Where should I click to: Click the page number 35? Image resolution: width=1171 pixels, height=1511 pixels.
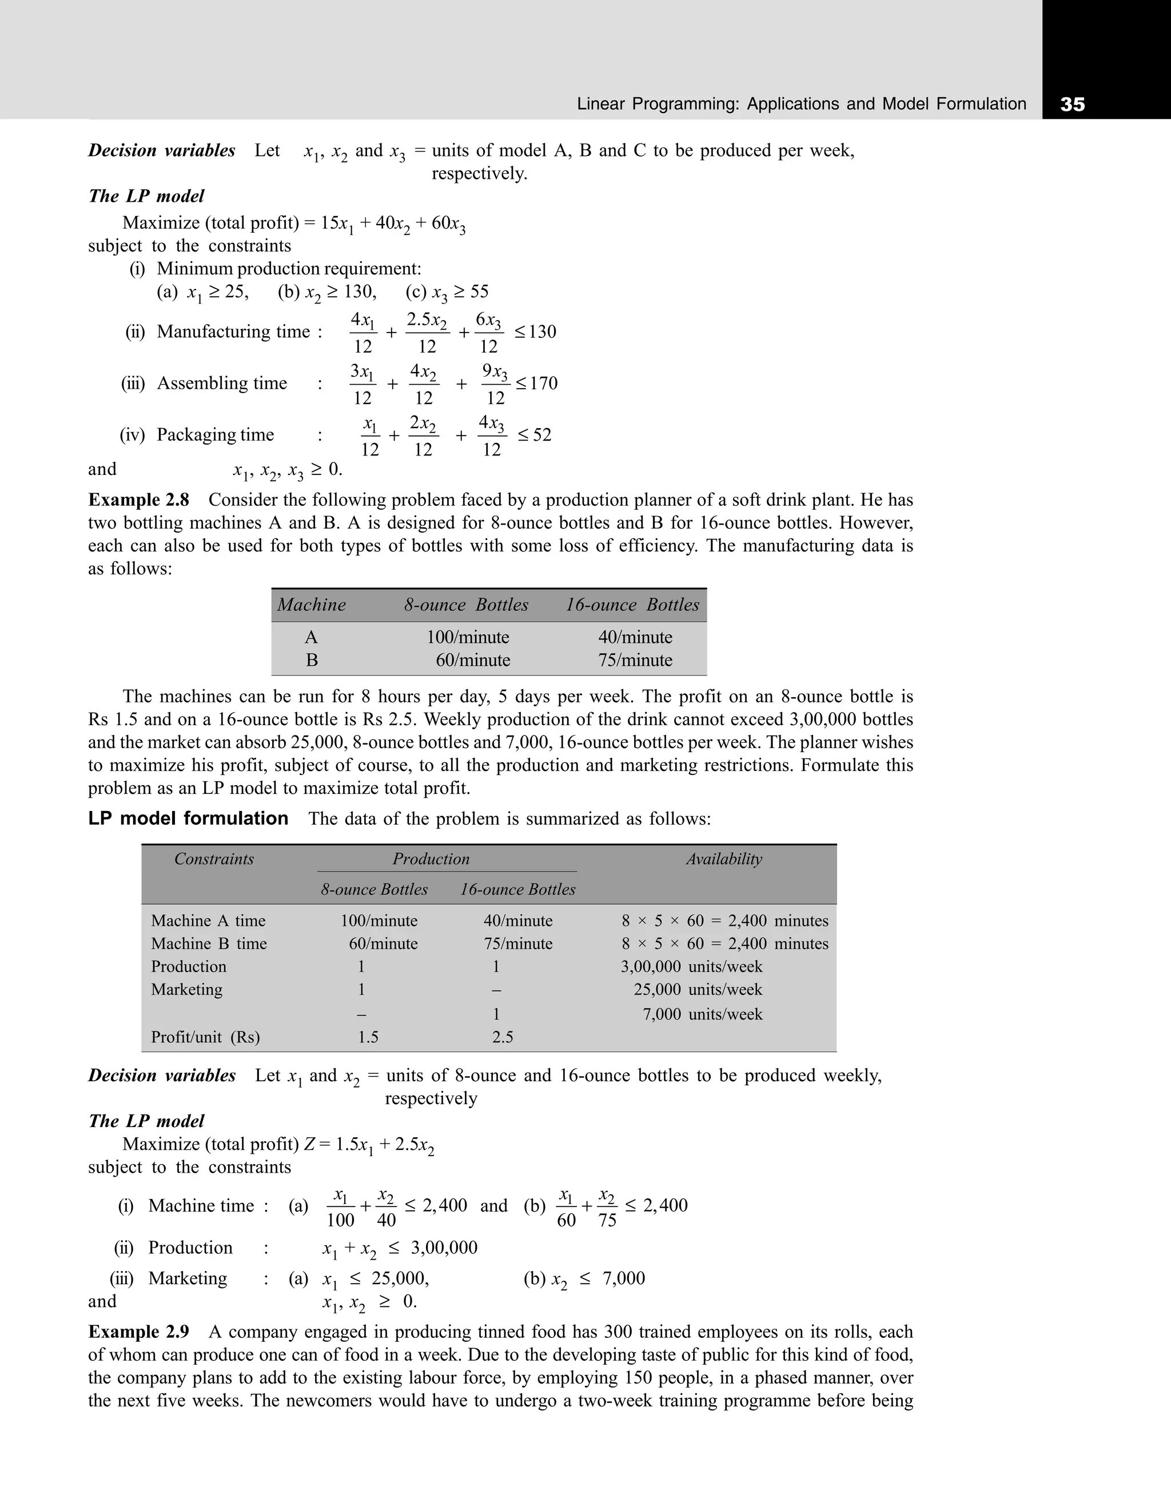click(1072, 105)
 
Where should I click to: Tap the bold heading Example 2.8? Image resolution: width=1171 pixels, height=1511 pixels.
click(138, 500)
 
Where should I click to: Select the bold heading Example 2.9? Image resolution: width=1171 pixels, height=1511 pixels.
click(138, 1332)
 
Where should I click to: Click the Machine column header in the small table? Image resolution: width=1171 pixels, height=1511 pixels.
click(312, 605)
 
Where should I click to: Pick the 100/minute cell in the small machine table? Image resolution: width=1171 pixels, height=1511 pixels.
click(468, 637)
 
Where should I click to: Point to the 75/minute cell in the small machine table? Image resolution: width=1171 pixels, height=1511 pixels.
click(635, 660)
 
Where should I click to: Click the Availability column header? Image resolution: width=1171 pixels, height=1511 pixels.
click(724, 860)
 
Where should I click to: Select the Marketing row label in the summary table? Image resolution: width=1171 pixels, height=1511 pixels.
click(187, 989)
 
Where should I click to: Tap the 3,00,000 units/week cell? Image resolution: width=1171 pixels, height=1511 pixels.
click(691, 966)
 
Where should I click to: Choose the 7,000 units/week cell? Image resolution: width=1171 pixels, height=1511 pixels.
click(703, 1014)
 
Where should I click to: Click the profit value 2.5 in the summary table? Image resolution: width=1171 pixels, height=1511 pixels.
click(503, 1037)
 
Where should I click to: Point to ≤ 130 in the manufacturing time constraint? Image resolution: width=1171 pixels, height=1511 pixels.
click(535, 332)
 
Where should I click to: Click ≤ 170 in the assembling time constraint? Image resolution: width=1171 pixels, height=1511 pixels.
click(536, 383)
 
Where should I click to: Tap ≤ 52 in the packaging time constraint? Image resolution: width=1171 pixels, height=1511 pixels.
click(533, 435)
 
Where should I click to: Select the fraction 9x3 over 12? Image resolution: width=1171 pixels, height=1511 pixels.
click(496, 384)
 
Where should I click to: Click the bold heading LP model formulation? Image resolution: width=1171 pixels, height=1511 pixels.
click(188, 818)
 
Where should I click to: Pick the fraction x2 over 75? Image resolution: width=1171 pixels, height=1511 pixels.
click(607, 1208)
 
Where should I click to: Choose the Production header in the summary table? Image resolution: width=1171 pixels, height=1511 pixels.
click(431, 860)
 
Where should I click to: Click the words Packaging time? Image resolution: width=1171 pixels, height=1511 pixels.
click(215, 435)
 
